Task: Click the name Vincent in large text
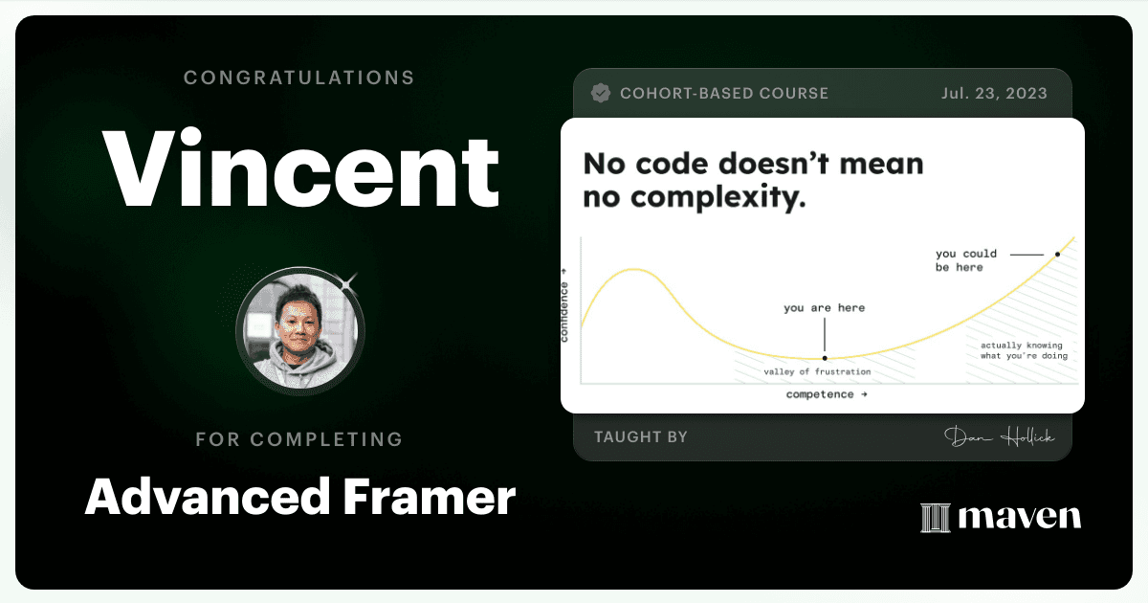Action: pos(300,168)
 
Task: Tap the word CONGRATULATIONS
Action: pos(299,78)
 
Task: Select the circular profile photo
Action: pos(300,331)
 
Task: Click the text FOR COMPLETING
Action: pos(299,439)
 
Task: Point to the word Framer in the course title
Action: pos(430,497)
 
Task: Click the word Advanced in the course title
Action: pos(208,497)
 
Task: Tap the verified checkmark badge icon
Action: pos(601,94)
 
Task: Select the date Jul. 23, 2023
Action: pos(994,94)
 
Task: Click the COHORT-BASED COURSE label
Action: pos(724,94)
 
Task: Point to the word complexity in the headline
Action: pos(718,198)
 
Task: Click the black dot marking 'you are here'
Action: pos(825,358)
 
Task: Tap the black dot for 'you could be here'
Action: pos(1057,255)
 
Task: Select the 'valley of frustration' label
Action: pos(817,371)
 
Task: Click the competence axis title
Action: pos(827,394)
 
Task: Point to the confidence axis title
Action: pos(564,305)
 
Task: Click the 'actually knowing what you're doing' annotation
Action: pos(1024,350)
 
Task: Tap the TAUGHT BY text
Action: pos(641,436)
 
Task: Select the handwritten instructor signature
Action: pos(999,437)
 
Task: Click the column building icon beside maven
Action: pos(936,518)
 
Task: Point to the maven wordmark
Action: pos(1020,517)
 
